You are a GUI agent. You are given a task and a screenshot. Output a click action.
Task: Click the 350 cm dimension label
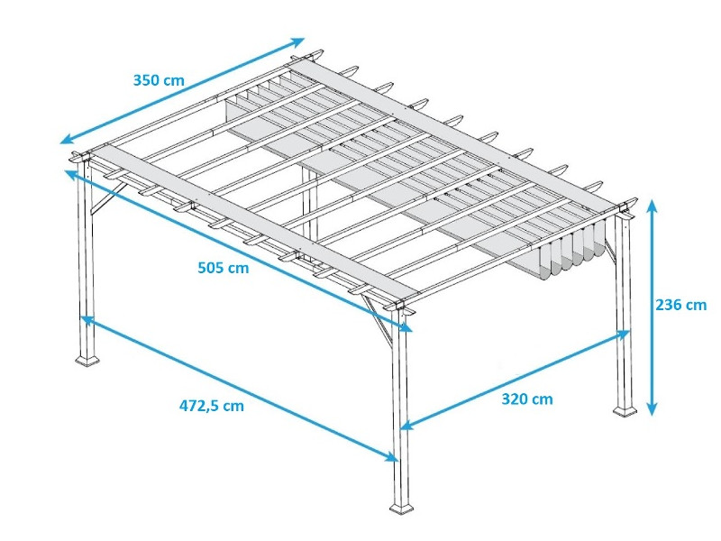(x=159, y=80)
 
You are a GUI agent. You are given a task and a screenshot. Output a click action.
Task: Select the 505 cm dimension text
(x=223, y=267)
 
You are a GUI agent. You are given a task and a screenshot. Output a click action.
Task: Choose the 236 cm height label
(x=680, y=305)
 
